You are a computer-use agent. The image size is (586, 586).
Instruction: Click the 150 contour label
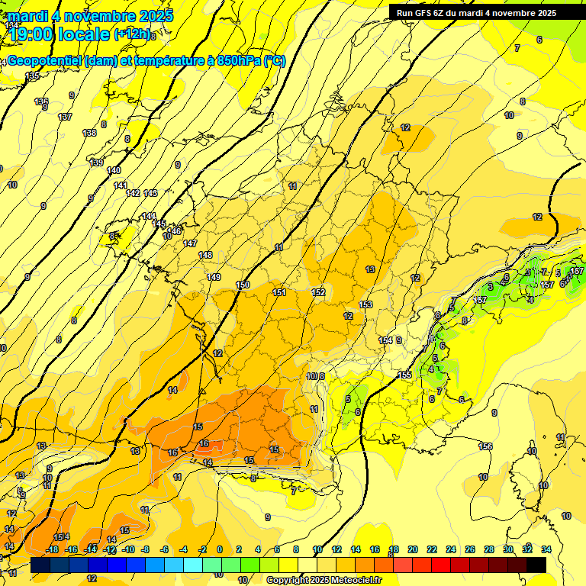pyautogui.click(x=243, y=285)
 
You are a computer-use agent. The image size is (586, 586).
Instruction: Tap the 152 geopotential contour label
pyautogui.click(x=319, y=292)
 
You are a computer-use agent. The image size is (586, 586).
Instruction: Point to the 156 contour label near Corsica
pyautogui.click(x=485, y=446)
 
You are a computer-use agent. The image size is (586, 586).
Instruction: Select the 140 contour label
pyautogui.click(x=114, y=170)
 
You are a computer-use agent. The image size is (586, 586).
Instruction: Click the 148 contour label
pyautogui.click(x=205, y=255)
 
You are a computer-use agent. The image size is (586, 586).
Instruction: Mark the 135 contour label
pyautogui.click(x=32, y=76)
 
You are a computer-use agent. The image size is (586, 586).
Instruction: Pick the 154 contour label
pyautogui.click(x=386, y=340)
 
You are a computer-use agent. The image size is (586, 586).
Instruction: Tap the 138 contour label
pyautogui.click(x=89, y=133)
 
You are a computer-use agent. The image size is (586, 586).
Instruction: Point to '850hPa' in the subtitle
pyautogui.click(x=238, y=61)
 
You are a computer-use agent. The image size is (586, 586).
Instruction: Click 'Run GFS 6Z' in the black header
pyautogui.click(x=422, y=13)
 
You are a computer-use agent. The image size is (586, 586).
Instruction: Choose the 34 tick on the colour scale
pyautogui.click(x=546, y=549)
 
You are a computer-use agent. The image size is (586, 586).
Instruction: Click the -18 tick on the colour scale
pyautogui.click(x=52, y=549)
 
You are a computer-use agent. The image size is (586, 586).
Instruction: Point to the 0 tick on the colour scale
pyautogui.click(x=220, y=549)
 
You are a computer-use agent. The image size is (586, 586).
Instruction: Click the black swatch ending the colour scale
pyautogui.click(x=536, y=565)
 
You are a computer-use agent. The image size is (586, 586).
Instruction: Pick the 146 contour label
pyautogui.click(x=175, y=231)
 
